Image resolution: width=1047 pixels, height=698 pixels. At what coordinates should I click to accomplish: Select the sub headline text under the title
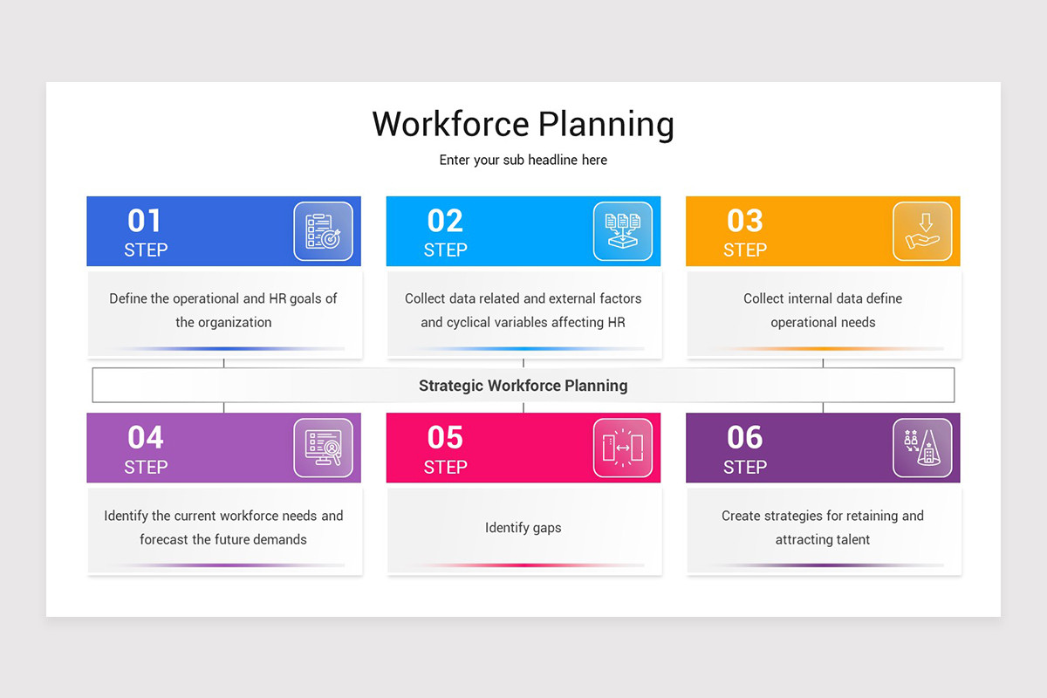pos(523,160)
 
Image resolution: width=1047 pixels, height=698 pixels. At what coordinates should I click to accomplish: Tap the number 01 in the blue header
pos(144,221)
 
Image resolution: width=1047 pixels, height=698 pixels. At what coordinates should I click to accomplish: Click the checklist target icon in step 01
pos(323,231)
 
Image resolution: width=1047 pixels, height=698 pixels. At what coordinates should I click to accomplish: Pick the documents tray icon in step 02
pos(622,231)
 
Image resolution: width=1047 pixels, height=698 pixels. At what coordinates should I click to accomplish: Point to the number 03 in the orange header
pos(744,221)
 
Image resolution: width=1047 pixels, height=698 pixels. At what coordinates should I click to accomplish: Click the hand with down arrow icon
pos(922,231)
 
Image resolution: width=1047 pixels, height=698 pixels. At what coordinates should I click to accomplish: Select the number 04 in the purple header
pos(146,437)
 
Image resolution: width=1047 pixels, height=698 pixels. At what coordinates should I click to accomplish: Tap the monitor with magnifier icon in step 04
pos(323,448)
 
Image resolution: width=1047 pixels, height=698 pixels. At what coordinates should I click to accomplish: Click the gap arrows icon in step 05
pos(622,448)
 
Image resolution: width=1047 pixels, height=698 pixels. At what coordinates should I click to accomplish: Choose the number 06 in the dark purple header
pos(744,437)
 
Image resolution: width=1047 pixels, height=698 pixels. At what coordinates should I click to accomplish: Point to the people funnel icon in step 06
pos(922,448)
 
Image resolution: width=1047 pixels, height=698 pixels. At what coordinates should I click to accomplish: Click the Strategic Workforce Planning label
pos(523,385)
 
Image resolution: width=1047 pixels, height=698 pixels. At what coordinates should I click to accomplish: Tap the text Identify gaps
pos(523,528)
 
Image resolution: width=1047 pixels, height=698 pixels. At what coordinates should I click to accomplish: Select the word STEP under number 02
pos(445,250)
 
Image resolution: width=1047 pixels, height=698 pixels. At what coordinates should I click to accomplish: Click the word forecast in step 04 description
pos(163,539)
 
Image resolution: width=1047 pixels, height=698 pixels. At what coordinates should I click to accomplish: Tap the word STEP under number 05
pos(445,467)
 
